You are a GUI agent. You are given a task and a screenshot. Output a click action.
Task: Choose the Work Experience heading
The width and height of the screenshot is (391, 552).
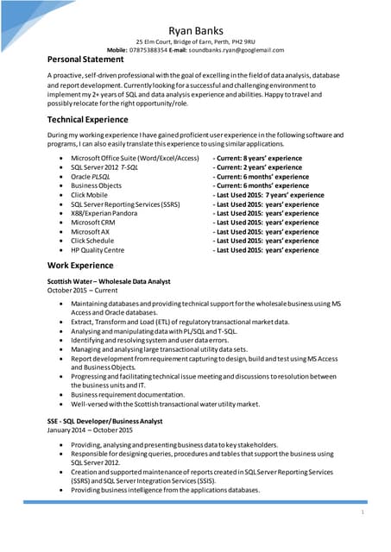pyautogui.click(x=81, y=265)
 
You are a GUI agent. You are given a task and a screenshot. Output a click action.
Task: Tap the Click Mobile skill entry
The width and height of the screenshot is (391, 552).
pyautogui.click(x=90, y=195)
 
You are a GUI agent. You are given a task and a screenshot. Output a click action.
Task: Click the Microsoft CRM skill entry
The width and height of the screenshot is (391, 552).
pyautogui.click(x=93, y=223)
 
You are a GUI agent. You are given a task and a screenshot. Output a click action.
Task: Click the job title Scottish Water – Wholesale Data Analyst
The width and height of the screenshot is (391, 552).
pyautogui.click(x=109, y=282)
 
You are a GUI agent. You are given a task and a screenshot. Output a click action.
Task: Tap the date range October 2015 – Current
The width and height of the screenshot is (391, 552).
pyautogui.click(x=83, y=292)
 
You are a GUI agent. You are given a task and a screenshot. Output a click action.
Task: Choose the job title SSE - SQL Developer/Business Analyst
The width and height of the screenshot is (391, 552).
pyautogui.click(x=104, y=420)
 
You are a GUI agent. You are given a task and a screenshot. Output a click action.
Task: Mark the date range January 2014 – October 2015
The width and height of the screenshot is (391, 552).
pyautogui.click(x=90, y=430)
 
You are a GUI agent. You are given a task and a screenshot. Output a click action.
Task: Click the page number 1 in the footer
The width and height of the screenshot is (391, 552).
pyautogui.click(x=363, y=512)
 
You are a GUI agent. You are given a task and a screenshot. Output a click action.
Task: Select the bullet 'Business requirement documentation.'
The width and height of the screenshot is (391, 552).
pyautogui.click(x=129, y=393)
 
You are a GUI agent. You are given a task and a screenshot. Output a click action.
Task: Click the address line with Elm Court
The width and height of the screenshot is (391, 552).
pyautogui.click(x=195, y=42)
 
